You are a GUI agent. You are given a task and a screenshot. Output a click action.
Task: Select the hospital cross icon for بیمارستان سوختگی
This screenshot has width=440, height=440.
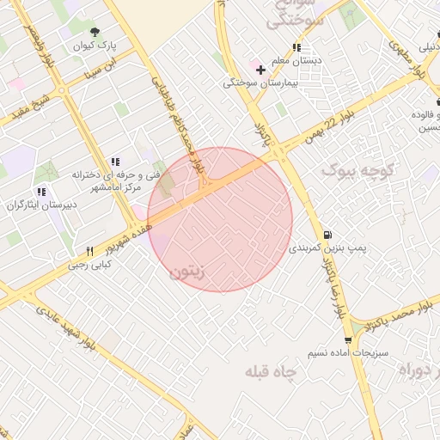260,70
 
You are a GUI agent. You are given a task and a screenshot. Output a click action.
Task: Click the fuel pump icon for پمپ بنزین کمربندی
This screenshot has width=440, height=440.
327,235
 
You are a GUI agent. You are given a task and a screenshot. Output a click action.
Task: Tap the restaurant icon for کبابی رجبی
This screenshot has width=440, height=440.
89,252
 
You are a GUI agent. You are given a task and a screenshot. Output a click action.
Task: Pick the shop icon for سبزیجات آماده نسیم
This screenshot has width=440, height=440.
348,341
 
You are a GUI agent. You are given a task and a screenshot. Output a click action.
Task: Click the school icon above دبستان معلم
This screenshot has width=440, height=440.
296,48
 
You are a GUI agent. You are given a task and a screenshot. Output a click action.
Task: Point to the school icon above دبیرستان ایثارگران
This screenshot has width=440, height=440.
40,192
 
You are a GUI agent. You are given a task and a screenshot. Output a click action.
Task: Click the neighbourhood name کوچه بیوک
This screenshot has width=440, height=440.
353,172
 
